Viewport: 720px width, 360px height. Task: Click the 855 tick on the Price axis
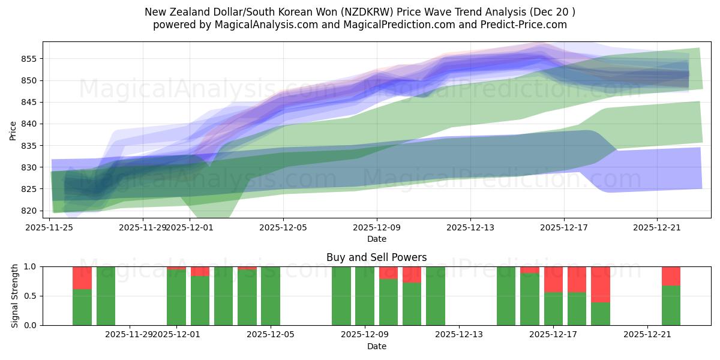tap(29, 59)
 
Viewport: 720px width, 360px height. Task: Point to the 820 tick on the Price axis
tap(29, 211)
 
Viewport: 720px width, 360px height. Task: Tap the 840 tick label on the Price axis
tap(29, 124)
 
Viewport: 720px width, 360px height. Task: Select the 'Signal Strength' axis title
tap(15, 296)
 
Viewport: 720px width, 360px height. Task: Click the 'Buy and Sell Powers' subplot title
tap(376, 257)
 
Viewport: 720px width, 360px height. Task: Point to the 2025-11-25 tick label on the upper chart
tap(49, 227)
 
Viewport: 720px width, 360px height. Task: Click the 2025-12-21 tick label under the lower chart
tap(647, 334)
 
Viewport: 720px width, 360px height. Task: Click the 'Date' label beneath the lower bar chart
tap(376, 346)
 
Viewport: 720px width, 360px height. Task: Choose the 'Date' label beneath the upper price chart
tap(376, 239)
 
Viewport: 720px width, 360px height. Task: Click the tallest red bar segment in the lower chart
tap(601, 284)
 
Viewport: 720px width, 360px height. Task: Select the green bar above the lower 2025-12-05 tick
tap(271, 296)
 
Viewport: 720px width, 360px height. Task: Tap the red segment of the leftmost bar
tap(82, 278)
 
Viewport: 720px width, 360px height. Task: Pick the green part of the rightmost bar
tap(671, 305)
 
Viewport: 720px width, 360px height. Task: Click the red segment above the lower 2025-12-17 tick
tap(554, 279)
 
